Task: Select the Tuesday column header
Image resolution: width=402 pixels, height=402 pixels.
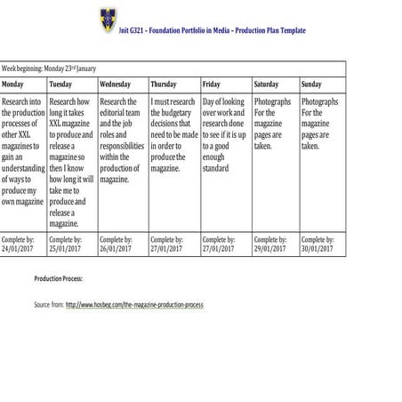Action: tap(61, 84)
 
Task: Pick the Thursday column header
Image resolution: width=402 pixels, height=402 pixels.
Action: tap(164, 84)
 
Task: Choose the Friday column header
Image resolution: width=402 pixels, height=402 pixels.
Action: tap(212, 84)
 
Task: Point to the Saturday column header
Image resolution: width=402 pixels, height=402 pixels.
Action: tap(267, 84)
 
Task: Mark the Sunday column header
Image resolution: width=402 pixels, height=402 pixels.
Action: tap(311, 84)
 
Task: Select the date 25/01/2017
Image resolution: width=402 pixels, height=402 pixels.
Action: tap(68, 249)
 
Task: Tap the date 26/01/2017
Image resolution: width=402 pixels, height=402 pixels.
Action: tap(118, 249)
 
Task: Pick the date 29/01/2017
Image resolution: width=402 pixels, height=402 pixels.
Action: tap(271, 249)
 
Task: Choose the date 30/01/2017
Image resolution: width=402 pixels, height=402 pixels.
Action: tap(318, 249)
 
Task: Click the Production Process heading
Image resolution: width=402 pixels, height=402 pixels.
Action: tap(58, 278)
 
